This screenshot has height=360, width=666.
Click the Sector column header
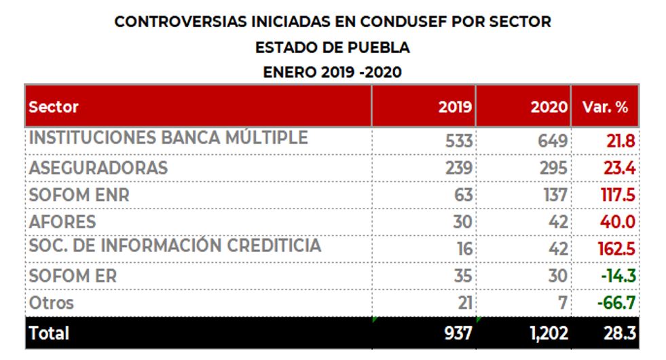point(54,107)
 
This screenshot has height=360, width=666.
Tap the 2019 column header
point(456,107)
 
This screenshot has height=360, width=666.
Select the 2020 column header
point(549,107)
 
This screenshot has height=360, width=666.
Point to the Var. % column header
point(605,107)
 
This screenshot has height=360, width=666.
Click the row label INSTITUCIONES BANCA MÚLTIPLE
point(168,138)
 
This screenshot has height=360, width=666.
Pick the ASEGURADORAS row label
point(98,168)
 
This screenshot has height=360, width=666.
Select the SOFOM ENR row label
point(79,195)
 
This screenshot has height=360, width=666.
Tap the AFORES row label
point(62,222)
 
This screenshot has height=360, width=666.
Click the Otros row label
point(51,303)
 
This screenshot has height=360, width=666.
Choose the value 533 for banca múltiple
point(458,141)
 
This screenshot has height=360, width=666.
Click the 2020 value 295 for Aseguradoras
point(553,168)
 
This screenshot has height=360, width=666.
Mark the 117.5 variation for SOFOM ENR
point(616,196)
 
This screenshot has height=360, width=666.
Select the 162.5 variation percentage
point(616,249)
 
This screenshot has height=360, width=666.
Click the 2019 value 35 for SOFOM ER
point(464,276)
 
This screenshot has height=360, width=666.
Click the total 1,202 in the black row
point(549,334)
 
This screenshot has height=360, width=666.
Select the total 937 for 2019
point(458,334)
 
